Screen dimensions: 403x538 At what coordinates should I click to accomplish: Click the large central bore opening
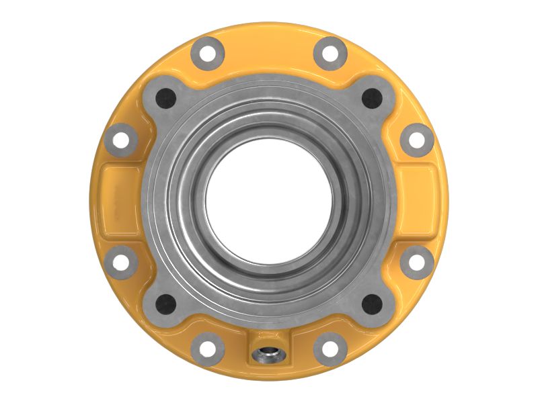click(x=268, y=202)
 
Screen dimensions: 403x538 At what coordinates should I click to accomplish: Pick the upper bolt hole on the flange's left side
click(x=121, y=140)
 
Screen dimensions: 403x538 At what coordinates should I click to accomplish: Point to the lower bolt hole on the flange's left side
click(x=121, y=263)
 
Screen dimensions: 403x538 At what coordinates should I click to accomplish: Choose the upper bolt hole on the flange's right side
click(x=417, y=140)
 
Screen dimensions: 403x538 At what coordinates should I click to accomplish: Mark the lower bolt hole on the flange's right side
click(x=417, y=263)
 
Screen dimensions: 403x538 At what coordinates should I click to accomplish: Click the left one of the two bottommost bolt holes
click(x=207, y=349)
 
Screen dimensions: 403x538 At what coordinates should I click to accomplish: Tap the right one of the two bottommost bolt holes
click(x=330, y=349)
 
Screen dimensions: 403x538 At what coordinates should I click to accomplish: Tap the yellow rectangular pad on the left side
click(x=118, y=201)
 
